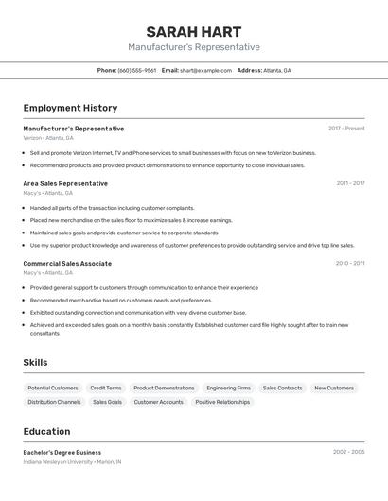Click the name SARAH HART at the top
coord(194,32)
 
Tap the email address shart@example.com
coord(205,70)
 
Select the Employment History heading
coord(70,108)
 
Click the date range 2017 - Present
coord(346,128)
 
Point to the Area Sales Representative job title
coord(65,183)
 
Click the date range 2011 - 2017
coord(350,183)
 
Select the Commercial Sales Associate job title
coord(67,263)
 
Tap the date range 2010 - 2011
coord(350,263)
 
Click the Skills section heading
coord(35,362)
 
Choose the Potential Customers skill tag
coord(53,388)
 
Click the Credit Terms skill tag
coord(106,388)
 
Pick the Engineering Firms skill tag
coord(228,388)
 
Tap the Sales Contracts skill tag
coord(282,388)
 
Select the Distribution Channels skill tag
coord(54,402)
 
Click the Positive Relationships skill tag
coord(222,402)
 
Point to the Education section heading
coord(46,431)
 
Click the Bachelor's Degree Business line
coord(62,452)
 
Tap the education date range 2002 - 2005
coord(348,452)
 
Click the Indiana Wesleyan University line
coord(72,462)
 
